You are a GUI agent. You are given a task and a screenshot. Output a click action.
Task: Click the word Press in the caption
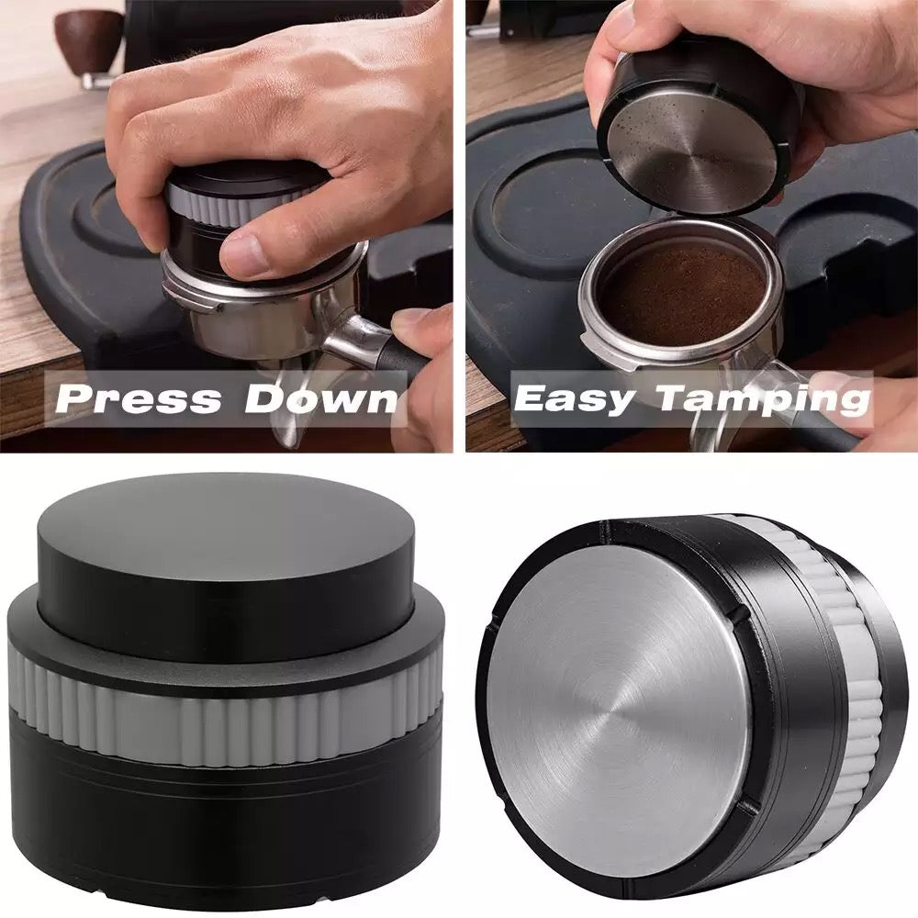[138, 398]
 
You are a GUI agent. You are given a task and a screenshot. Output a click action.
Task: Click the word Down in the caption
[320, 398]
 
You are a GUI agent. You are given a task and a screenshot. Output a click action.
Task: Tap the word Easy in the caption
[574, 399]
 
